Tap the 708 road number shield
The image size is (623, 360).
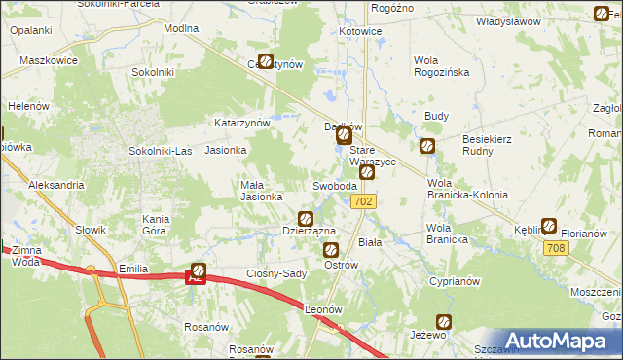556,250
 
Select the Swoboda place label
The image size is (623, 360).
336,186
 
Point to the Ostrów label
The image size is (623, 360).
341,265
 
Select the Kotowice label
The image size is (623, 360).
360,31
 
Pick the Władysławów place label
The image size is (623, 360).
506,20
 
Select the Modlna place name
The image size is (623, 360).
181,28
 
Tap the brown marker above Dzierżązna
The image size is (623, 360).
306,219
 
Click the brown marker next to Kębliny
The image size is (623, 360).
549,226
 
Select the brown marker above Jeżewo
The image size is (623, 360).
444,321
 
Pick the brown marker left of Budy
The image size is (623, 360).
426,146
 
